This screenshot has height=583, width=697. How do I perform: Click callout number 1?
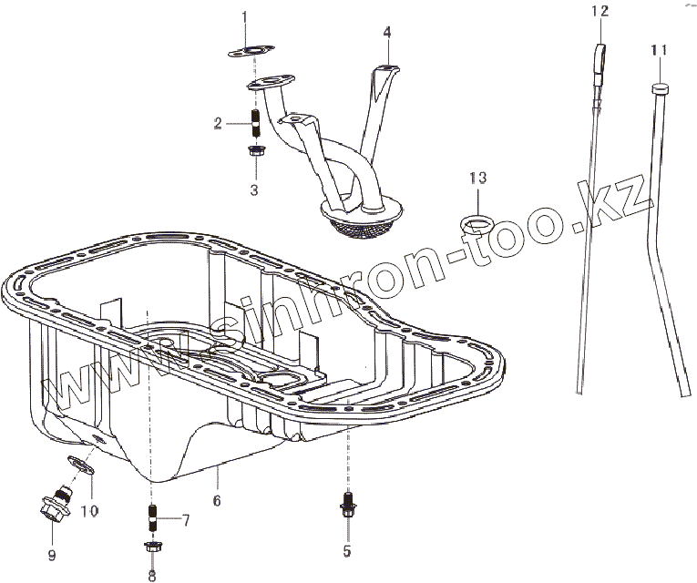pos(244,17)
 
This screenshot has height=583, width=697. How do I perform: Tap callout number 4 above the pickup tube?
pos(387,31)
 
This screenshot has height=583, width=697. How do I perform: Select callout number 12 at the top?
pos(599,11)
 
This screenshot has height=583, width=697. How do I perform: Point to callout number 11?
pos(659,50)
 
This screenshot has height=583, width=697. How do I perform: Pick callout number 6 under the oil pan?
pos(217,501)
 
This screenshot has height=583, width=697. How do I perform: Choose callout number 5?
pos(346,551)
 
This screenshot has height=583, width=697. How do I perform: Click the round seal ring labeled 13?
pos(477,221)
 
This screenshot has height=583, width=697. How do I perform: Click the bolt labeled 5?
pos(346,503)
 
